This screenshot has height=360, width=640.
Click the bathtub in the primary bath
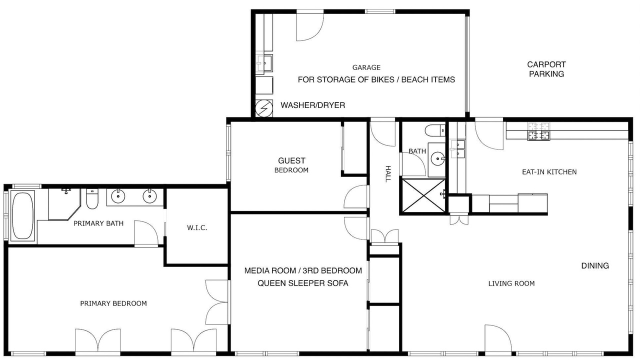pos(22,215)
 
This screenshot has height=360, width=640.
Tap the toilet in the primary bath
pos(92,198)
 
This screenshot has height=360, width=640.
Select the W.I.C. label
pos(197,227)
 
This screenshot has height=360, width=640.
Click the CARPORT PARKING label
pos(546,69)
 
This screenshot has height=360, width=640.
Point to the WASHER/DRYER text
pos(313,105)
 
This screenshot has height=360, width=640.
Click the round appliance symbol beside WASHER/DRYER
pos(264,108)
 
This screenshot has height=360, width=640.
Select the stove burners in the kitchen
pos(539,131)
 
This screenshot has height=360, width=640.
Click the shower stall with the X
pos(423,195)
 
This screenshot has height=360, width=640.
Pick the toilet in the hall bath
pos(435,131)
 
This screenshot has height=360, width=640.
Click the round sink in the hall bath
pos(437,158)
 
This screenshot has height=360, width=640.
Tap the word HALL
pos(387,173)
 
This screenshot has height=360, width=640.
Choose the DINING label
pos(595,265)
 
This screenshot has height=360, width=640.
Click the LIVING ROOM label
pos(511,283)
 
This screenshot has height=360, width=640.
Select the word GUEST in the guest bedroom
pos(291,160)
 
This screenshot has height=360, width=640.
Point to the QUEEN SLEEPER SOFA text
pos(303,283)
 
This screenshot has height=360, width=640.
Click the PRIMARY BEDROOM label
pos(113,303)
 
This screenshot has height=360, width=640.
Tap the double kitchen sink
pos(457,149)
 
